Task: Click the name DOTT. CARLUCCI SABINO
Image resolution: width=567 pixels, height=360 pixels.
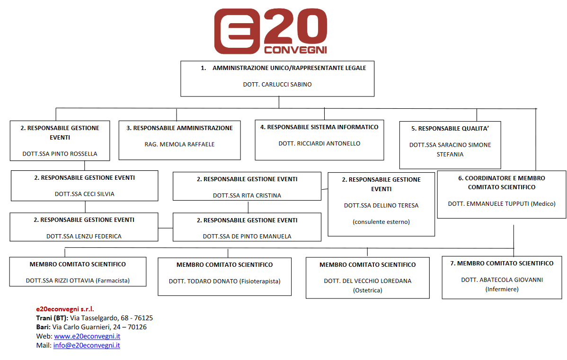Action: click(277, 85)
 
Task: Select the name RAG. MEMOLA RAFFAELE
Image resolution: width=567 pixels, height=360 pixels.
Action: click(180, 145)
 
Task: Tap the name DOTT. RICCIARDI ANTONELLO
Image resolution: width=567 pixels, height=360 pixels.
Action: click(319, 144)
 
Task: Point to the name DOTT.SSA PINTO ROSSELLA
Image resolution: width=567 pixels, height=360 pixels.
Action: click(60, 154)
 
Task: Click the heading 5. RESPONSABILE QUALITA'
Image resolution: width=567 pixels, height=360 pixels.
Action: click(450, 129)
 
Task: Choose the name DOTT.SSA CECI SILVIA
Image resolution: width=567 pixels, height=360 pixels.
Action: click(85, 194)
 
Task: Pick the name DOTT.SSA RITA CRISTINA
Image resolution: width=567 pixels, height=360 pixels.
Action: click(247, 195)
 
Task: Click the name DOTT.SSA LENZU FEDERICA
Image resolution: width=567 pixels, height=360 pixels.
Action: click(84, 237)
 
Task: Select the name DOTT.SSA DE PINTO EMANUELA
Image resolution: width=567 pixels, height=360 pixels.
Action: click(247, 237)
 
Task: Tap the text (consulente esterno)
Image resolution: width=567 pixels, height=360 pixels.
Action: click(381, 222)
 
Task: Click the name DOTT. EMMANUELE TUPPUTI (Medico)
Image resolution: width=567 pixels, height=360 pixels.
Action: click(502, 204)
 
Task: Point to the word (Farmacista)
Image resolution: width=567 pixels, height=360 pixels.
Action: click(113, 281)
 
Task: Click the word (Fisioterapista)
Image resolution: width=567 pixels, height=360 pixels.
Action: click(260, 281)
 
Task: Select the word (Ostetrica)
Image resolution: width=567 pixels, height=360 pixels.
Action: click(368, 290)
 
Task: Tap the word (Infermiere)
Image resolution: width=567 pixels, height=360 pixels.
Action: click(502, 289)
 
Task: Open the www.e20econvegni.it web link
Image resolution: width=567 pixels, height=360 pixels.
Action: click(87, 336)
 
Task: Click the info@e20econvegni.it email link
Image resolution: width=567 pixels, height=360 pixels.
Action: click(87, 345)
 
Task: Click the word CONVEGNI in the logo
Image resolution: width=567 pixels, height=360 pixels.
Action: click(295, 50)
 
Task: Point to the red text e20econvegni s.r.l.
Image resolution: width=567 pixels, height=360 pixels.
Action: click(65, 309)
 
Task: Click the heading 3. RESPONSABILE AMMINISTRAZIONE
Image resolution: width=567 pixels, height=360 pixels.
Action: click(179, 128)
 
